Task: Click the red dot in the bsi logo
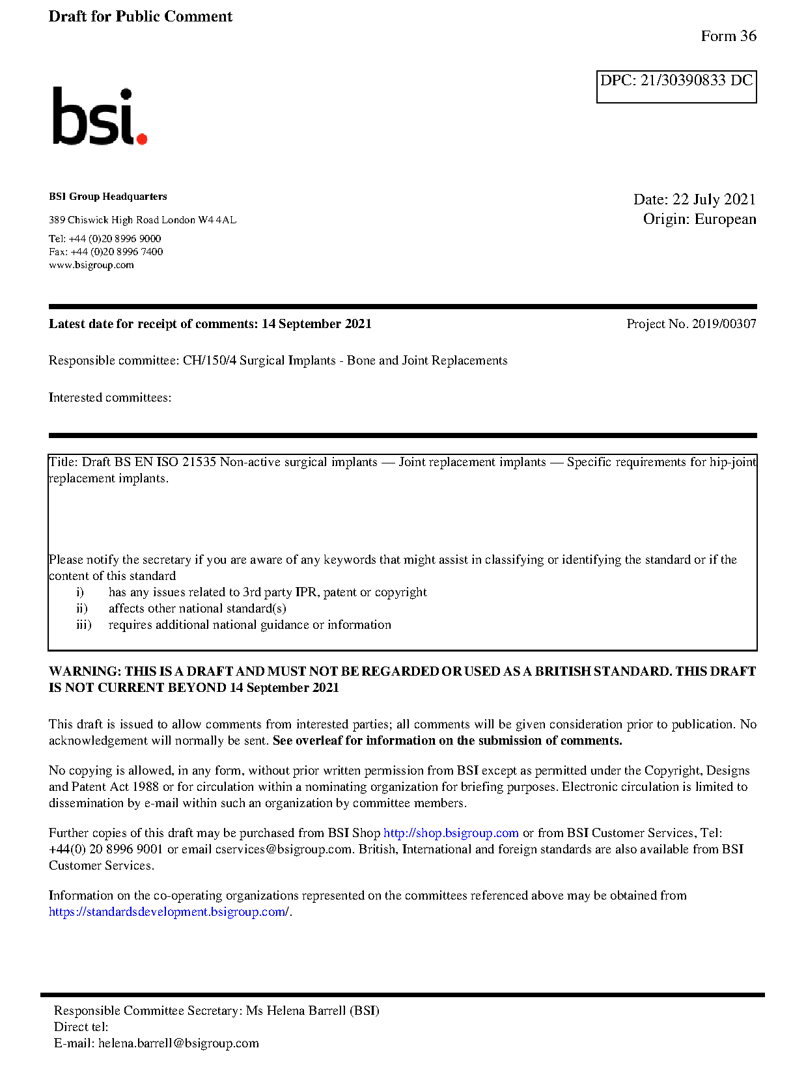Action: click(141, 138)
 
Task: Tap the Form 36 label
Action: click(728, 36)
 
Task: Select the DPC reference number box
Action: click(676, 86)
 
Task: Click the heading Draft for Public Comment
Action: click(140, 17)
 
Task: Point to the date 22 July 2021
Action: click(714, 200)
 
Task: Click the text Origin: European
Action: click(699, 219)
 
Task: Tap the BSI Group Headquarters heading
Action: click(107, 197)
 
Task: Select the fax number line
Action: click(105, 252)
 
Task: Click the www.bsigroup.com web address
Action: click(91, 265)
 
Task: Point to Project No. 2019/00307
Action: click(691, 324)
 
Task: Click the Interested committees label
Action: click(109, 398)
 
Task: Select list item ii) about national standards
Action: click(197, 609)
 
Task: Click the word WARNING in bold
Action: click(85, 672)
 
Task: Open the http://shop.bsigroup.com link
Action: click(451, 833)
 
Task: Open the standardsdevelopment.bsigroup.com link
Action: click(168, 912)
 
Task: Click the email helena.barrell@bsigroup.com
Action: click(178, 1043)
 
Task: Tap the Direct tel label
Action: click(81, 1027)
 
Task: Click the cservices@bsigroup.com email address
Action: click(283, 849)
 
